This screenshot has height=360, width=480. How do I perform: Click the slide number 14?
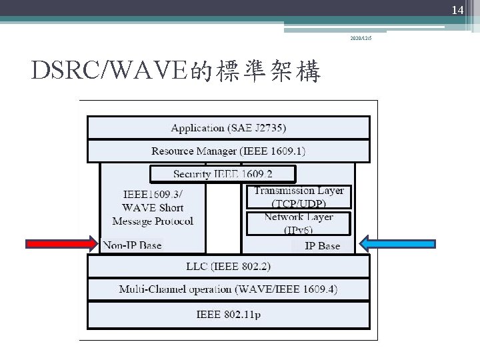[457, 10]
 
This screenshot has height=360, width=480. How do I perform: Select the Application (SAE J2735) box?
[228, 127]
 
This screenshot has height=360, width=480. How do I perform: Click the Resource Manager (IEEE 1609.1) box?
[228, 151]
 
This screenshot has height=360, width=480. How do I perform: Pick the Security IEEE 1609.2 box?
[223, 174]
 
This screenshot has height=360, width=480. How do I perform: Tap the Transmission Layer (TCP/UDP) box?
[299, 197]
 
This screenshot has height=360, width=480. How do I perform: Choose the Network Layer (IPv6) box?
[299, 223]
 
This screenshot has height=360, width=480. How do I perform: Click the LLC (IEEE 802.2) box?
[228, 267]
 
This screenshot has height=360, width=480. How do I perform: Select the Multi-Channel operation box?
[228, 289]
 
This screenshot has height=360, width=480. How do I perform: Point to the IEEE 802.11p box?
[228, 313]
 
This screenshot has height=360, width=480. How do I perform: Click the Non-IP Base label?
[132, 245]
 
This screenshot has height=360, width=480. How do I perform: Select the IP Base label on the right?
[322, 246]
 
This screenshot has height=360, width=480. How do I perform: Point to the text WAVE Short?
[152, 207]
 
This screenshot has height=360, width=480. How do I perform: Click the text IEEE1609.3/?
[152, 194]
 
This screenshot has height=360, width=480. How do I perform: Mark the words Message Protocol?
[152, 221]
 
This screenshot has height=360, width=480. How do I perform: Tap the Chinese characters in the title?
[256, 70]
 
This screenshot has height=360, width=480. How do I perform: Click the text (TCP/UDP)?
[299, 203]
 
